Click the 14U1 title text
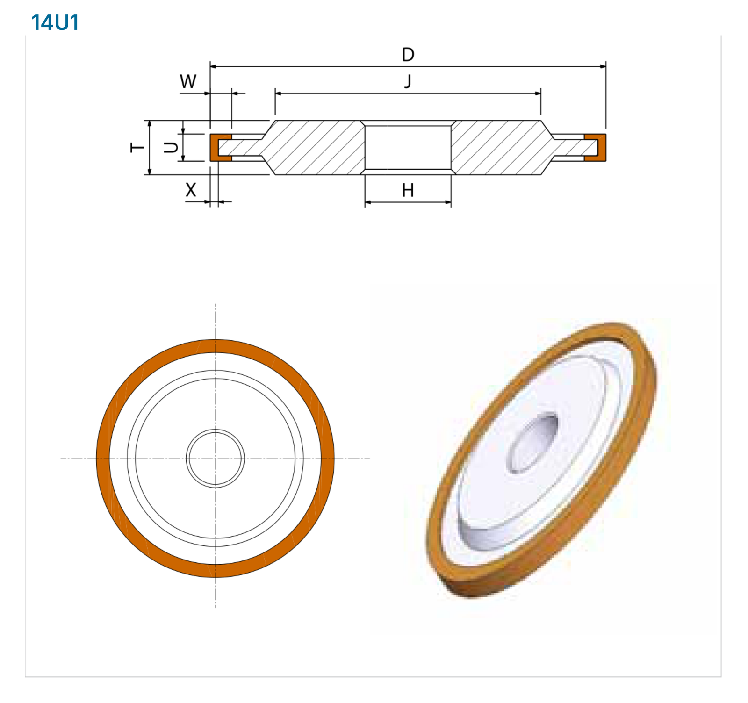[x=55, y=22]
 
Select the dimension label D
[x=408, y=55]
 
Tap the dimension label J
[x=408, y=81]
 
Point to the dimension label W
[x=188, y=81]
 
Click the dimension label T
[x=137, y=148]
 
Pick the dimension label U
[x=171, y=148]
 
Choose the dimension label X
[x=191, y=190]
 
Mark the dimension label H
[x=408, y=190]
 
